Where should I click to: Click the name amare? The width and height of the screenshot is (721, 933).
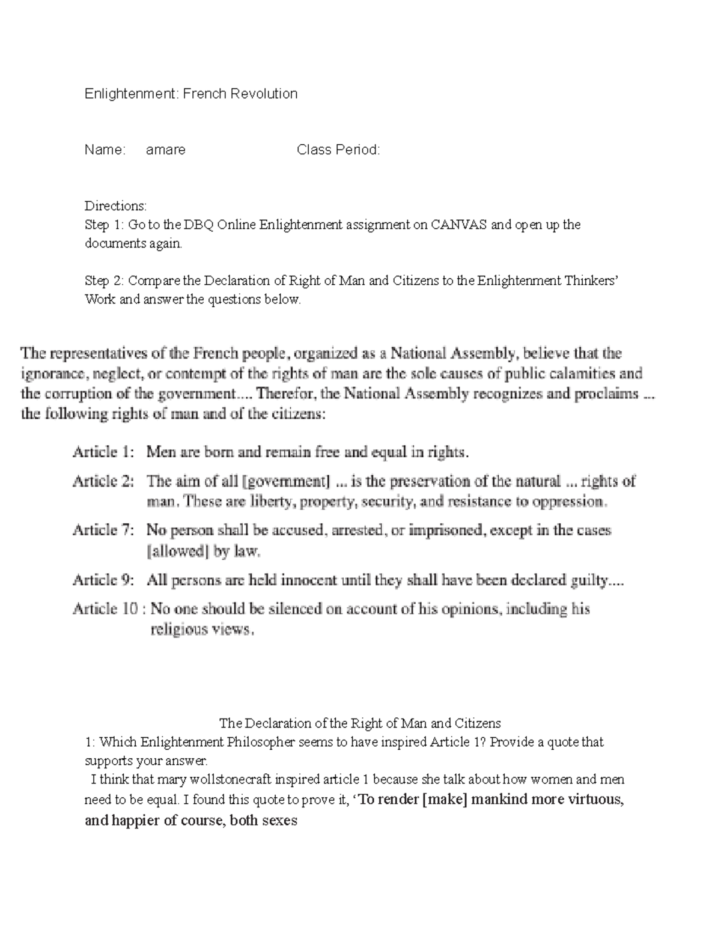(x=166, y=150)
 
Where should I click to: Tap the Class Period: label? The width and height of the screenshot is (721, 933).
(x=338, y=150)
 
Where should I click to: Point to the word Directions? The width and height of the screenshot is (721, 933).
(x=115, y=206)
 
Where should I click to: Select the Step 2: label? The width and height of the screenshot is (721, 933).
(x=105, y=281)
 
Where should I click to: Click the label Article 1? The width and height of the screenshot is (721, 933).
(x=105, y=452)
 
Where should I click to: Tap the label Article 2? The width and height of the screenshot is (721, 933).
(x=105, y=481)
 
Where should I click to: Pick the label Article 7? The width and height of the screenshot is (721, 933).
(x=105, y=530)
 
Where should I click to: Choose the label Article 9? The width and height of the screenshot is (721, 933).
(x=105, y=580)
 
